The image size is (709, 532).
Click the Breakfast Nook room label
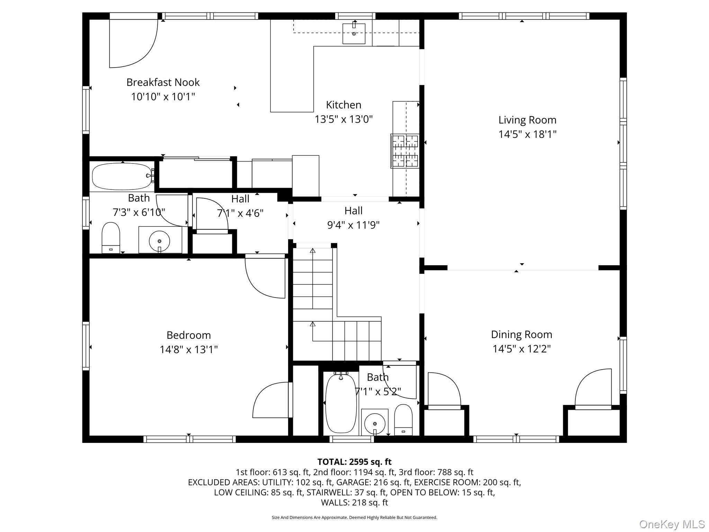point(163,82)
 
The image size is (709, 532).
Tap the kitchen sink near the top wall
point(354,34)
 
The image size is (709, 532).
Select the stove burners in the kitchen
point(405,151)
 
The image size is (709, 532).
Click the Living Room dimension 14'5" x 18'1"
point(527,134)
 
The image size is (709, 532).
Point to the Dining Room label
point(521,335)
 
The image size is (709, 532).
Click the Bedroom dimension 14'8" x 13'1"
point(189,349)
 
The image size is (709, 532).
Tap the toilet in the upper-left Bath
point(111,238)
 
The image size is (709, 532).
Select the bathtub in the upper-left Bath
point(122,176)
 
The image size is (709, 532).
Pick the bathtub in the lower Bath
point(341,403)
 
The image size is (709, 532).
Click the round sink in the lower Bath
point(375,423)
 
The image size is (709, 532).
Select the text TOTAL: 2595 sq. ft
point(354,462)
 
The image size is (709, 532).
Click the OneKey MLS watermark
point(672,524)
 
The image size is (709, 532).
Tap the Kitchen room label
point(344,105)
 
